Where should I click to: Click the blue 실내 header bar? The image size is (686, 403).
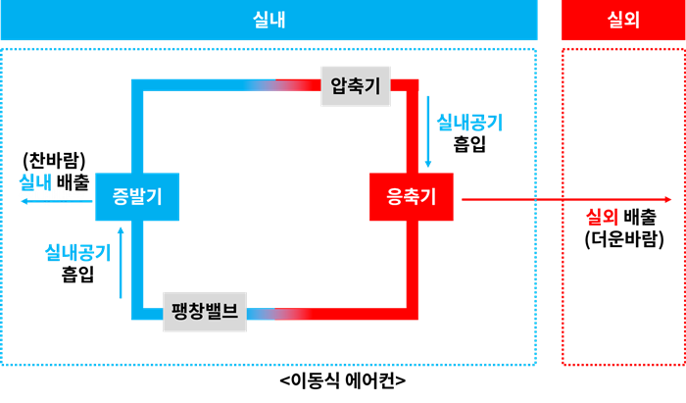(269, 20)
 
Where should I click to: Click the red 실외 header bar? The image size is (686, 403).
(623, 20)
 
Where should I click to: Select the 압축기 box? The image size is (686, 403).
(356, 86)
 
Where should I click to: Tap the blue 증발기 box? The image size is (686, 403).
(137, 196)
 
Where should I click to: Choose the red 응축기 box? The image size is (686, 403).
(412, 196)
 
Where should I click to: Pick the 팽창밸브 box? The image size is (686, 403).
(205, 312)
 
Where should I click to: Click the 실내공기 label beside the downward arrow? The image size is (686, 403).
(469, 123)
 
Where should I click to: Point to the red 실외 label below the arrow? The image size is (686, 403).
(602, 218)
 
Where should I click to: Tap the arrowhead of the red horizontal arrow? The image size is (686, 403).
(668, 199)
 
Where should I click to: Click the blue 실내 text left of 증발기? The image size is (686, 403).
(35, 181)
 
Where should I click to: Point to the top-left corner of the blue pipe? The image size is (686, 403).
(137, 85)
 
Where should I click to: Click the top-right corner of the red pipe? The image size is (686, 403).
(413, 85)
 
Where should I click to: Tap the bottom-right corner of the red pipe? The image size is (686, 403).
(413, 314)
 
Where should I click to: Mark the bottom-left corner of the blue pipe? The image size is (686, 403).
(137, 314)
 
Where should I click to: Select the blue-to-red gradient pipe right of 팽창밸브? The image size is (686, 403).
(280, 314)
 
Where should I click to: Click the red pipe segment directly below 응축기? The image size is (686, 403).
(413, 265)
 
